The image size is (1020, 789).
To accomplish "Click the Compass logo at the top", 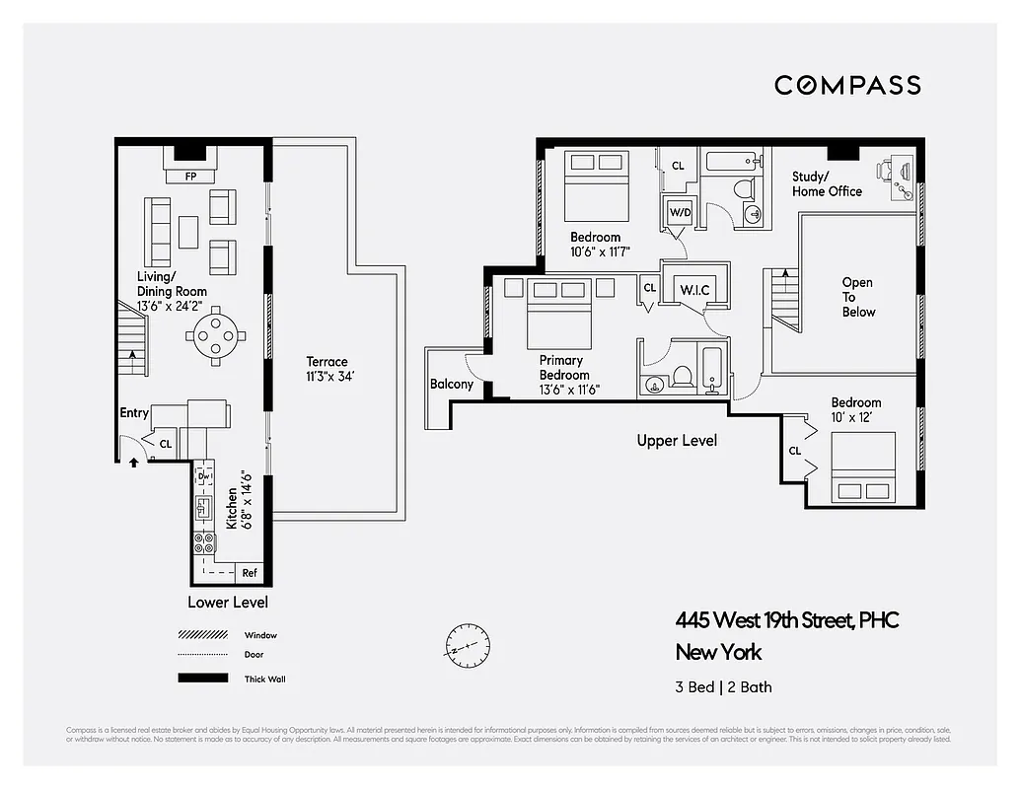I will [847, 85].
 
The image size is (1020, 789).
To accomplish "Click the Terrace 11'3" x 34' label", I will [327, 369].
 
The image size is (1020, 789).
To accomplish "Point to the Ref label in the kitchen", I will [250, 572].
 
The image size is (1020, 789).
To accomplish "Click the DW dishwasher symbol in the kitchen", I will [204, 476].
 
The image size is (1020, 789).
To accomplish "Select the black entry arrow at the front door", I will [134, 461].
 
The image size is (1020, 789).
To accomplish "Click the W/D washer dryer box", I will [680, 212].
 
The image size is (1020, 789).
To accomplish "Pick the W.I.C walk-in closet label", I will [695, 290].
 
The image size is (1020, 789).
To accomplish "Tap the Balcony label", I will [451, 385].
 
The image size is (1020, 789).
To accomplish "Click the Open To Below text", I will [857, 297].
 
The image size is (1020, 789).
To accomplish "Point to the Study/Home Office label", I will [827, 184].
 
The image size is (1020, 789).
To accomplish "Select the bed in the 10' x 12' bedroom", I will [863, 471].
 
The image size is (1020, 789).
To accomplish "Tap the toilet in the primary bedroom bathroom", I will [681, 377].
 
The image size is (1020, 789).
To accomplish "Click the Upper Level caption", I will [677, 441].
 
